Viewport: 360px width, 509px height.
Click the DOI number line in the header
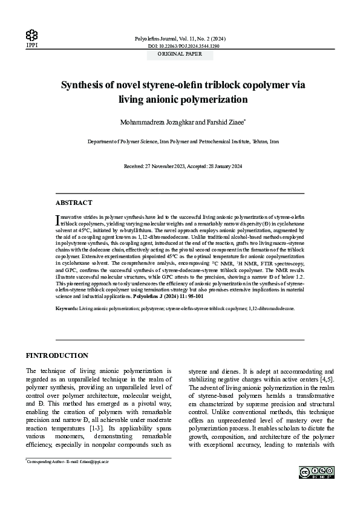183,46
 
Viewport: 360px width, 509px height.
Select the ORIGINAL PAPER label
180,54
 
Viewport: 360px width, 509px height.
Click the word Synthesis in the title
89,85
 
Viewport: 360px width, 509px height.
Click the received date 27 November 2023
166,166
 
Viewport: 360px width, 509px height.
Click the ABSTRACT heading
74,203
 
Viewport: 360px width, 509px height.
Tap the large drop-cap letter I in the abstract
57,218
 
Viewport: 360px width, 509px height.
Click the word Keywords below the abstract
67,308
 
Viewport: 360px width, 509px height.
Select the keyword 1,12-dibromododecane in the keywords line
272,308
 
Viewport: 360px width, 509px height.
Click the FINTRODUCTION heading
57,355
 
